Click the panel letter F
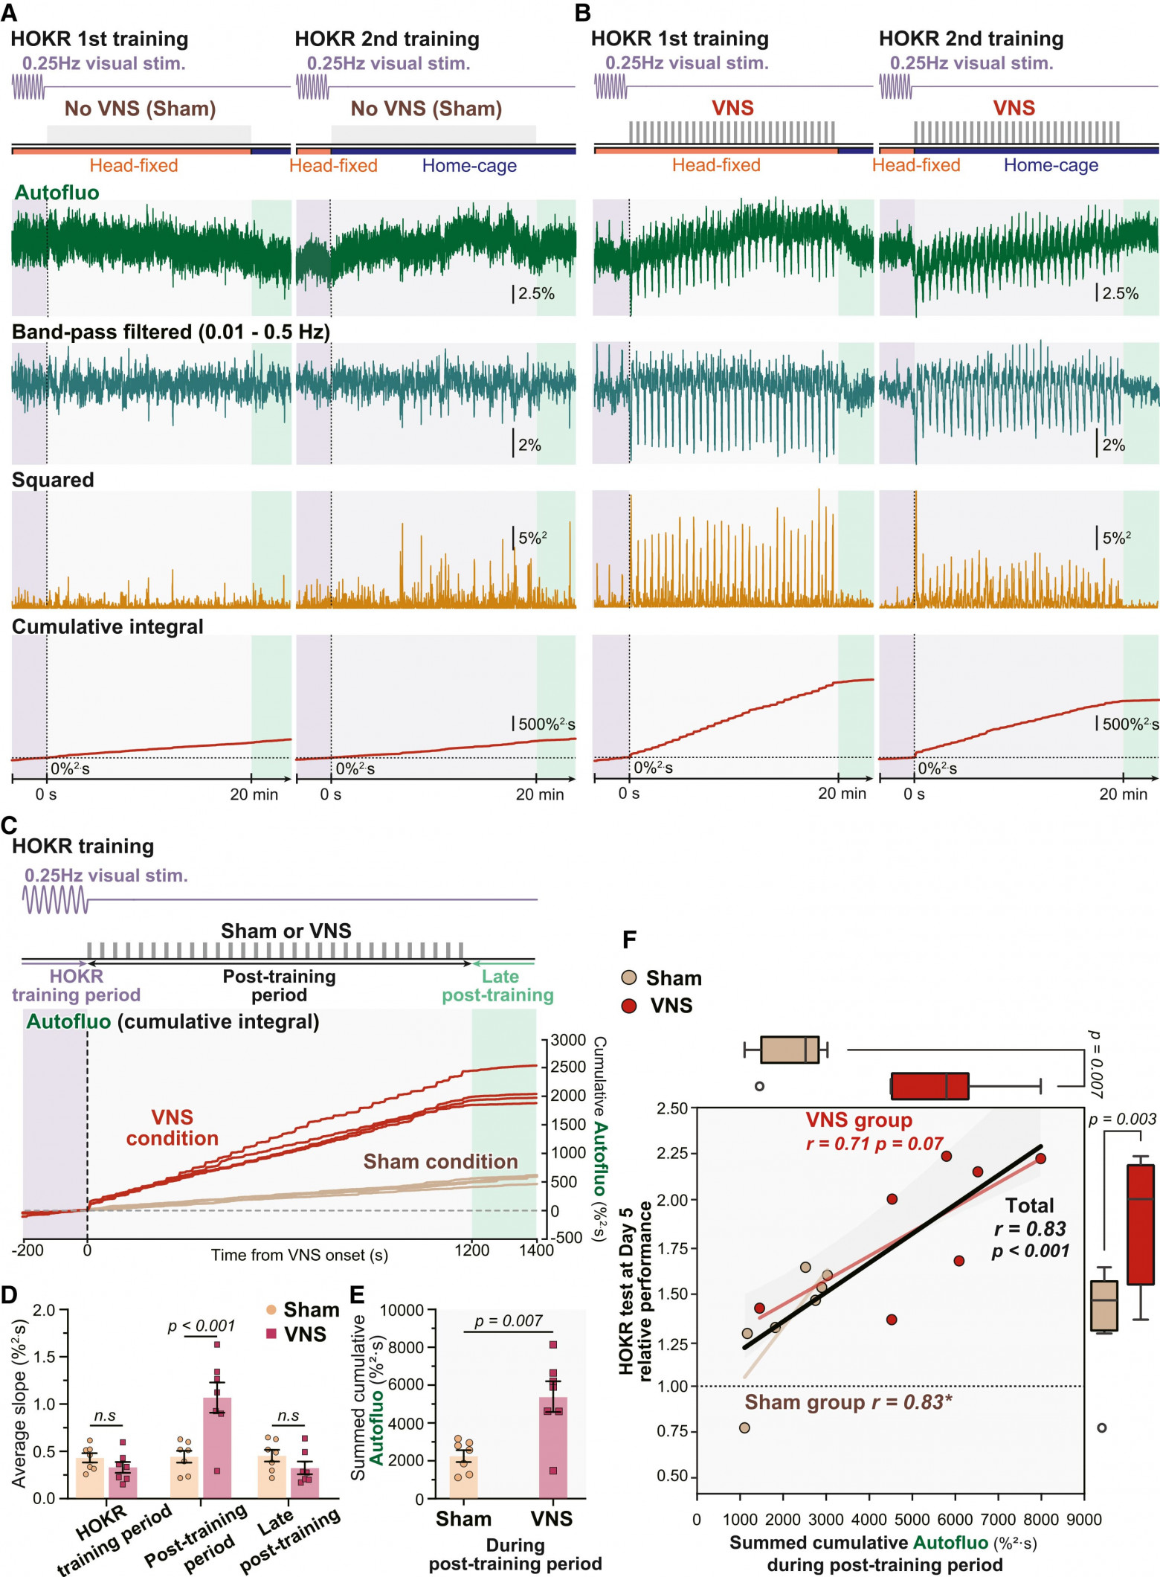tap(629, 940)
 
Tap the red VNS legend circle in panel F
tap(630, 1006)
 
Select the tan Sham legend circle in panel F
tap(630, 978)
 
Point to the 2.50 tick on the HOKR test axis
tap(672, 1108)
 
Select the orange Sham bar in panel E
tap(463, 1477)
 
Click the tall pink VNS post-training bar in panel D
tap(217, 1448)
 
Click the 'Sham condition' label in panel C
tap(440, 1162)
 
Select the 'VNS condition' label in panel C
tap(173, 1128)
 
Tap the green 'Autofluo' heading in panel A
tap(57, 193)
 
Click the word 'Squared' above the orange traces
tap(53, 481)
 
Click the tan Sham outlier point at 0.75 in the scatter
tap(744, 1427)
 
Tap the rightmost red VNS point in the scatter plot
tap(1040, 1158)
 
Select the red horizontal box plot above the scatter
tap(930, 1086)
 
